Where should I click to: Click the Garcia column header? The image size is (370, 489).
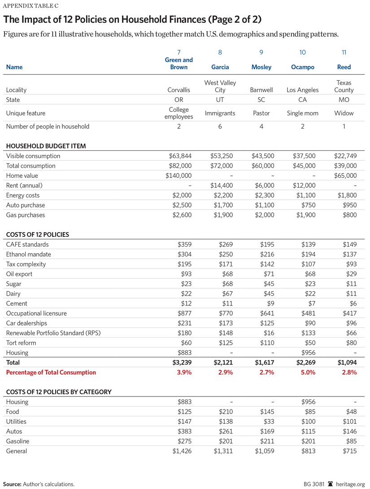220,67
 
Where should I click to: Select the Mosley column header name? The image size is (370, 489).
261,67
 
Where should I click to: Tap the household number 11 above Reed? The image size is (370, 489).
344,53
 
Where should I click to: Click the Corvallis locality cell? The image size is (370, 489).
178,90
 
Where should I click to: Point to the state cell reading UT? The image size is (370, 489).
220,100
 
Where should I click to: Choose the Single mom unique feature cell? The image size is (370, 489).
303,113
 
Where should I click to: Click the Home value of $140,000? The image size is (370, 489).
178,176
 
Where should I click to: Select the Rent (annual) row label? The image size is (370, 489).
25,185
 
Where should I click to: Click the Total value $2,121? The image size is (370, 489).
220,362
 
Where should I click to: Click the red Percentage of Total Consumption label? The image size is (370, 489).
51,372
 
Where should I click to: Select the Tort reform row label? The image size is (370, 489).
22,343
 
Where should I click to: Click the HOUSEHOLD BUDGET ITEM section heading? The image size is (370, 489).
46,146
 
